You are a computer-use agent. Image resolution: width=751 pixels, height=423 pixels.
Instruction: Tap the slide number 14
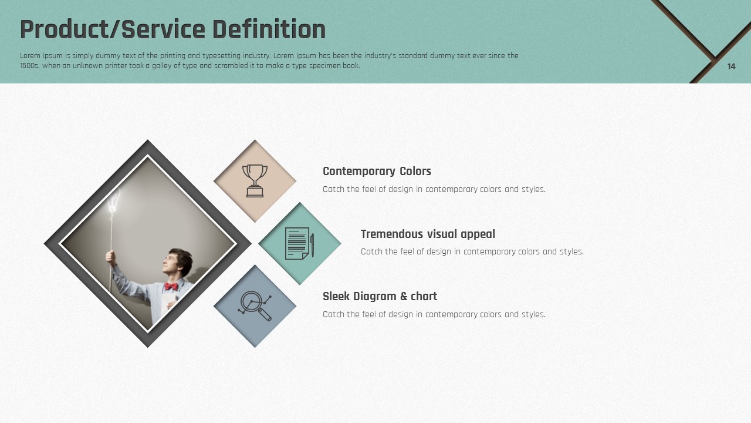pyautogui.click(x=731, y=66)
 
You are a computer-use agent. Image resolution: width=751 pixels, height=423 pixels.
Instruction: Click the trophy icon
pyautogui.click(x=255, y=180)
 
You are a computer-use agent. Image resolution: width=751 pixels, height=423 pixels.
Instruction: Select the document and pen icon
pyautogui.click(x=300, y=243)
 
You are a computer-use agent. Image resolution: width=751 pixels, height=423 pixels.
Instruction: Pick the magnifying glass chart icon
pyautogui.click(x=255, y=306)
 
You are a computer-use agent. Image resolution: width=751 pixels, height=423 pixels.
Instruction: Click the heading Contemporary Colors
pyautogui.click(x=377, y=171)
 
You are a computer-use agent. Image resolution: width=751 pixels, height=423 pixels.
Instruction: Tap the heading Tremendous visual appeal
pyautogui.click(x=428, y=234)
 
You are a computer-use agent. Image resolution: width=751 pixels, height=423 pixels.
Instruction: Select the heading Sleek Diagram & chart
pyautogui.click(x=380, y=297)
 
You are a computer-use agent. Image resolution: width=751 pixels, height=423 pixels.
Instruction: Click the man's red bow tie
pyautogui.click(x=171, y=286)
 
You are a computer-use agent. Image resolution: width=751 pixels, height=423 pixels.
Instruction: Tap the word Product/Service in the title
pyautogui.click(x=113, y=29)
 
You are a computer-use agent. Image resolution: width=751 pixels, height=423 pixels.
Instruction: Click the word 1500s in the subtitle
pyautogui.click(x=29, y=66)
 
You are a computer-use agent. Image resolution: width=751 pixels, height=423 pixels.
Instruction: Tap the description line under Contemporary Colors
pyautogui.click(x=434, y=189)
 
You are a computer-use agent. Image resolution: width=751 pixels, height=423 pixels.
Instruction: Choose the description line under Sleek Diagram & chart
pyautogui.click(x=434, y=314)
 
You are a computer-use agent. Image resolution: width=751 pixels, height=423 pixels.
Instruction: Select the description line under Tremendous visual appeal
pyautogui.click(x=472, y=252)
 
